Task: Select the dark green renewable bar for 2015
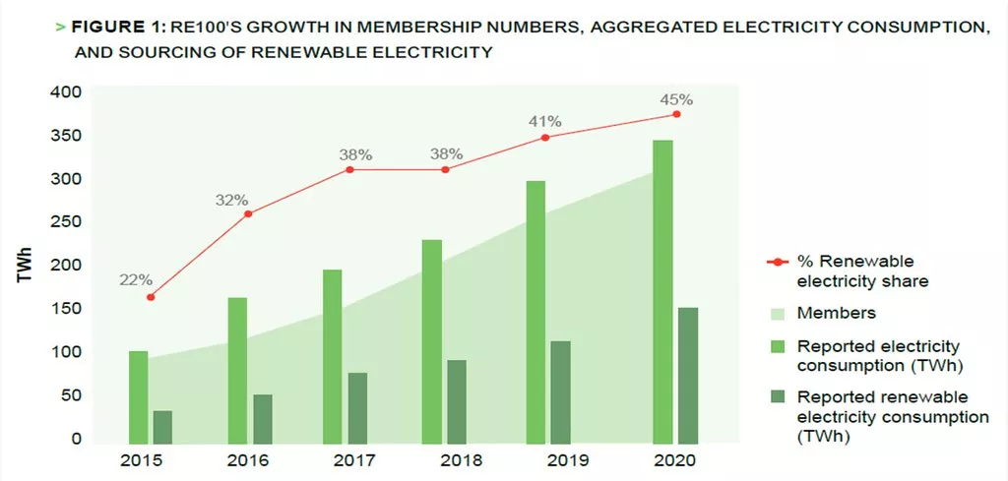(x=162, y=427)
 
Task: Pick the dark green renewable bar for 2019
(x=560, y=392)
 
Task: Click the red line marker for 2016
(x=248, y=213)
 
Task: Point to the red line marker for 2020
(x=676, y=114)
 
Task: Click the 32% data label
(x=232, y=200)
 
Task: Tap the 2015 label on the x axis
(x=143, y=460)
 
